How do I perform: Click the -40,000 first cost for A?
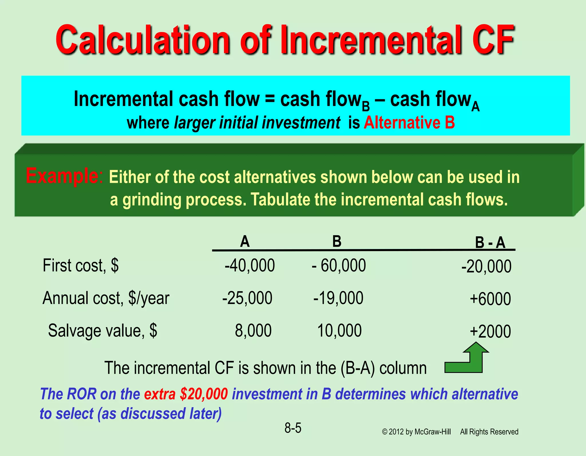pyautogui.click(x=250, y=265)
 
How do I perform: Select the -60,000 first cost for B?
pyautogui.click(x=339, y=265)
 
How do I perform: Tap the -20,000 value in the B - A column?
pyautogui.click(x=486, y=267)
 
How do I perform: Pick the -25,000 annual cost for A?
pyautogui.click(x=247, y=298)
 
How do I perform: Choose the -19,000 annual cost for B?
pyautogui.click(x=338, y=298)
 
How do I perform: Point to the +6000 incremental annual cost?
pyautogui.click(x=490, y=299)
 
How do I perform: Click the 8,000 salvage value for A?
pyautogui.click(x=253, y=331)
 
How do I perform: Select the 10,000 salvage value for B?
pyautogui.click(x=339, y=331)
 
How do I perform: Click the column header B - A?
pyautogui.click(x=490, y=243)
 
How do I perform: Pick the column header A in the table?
pyautogui.click(x=245, y=242)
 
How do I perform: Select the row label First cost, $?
pyautogui.click(x=80, y=265)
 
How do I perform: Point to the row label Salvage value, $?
pyautogui.click(x=102, y=331)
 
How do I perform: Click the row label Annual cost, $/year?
pyautogui.click(x=106, y=298)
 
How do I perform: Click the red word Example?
pyautogui.click(x=62, y=176)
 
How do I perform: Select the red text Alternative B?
pyautogui.click(x=409, y=123)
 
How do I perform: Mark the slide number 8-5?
pyautogui.click(x=293, y=428)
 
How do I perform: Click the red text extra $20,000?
pyautogui.click(x=186, y=394)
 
